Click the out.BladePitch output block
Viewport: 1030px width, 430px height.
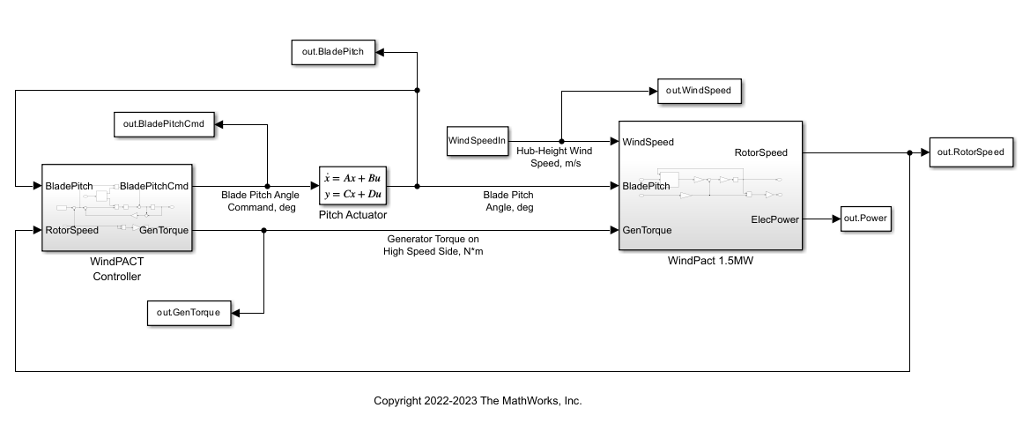pyautogui.click(x=334, y=52)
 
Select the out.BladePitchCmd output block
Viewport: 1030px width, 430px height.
pyautogui.click(x=166, y=124)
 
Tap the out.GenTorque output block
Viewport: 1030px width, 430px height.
pyautogui.click(x=189, y=312)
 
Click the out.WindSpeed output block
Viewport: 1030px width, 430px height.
pyautogui.click(x=699, y=91)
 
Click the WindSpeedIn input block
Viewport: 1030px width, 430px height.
pyautogui.click(x=478, y=141)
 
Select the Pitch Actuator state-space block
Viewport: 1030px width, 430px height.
pyautogui.click(x=353, y=185)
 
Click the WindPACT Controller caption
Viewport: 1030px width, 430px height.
pyautogui.click(x=116, y=269)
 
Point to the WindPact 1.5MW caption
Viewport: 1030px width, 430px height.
pyautogui.click(x=709, y=262)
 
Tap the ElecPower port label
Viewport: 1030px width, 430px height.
pyautogui.click(x=774, y=219)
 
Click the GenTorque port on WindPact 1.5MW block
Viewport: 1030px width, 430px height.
pyautogui.click(x=647, y=230)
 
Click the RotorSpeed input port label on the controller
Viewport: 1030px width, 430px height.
pyautogui.click(x=71, y=230)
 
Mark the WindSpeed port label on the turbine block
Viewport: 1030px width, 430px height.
pyautogui.click(x=648, y=141)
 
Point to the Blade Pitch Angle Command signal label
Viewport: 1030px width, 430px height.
pyautogui.click(x=260, y=200)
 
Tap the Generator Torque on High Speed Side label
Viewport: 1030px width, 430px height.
pyautogui.click(x=433, y=244)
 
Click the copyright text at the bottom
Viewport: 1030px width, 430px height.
pyautogui.click(x=478, y=401)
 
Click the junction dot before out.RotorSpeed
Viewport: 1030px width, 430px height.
pyautogui.click(x=909, y=152)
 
